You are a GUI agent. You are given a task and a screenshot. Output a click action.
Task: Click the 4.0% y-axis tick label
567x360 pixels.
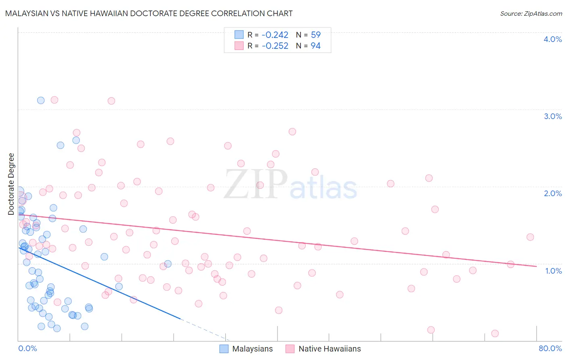pyautogui.click(x=552, y=39)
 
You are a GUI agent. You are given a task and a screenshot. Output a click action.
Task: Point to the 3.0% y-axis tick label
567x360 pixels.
pyautogui.click(x=552, y=116)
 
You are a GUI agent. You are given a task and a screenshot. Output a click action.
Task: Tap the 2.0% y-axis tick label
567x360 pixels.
pyautogui.click(x=552, y=193)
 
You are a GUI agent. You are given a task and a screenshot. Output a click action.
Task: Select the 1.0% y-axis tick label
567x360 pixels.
pyautogui.click(x=553, y=271)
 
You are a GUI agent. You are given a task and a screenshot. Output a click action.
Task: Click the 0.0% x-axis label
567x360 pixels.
pyautogui.click(x=27, y=348)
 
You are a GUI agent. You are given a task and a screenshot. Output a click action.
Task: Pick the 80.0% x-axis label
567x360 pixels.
pyautogui.click(x=550, y=348)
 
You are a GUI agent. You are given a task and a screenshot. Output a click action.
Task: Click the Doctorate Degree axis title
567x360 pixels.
pyautogui.click(x=11, y=184)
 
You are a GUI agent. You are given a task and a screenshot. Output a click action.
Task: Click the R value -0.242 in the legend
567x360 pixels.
pyautogui.click(x=275, y=35)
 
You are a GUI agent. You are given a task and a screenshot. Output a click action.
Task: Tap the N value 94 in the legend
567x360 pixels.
pyautogui.click(x=315, y=46)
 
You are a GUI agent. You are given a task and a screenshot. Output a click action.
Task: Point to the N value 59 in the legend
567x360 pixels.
pyautogui.click(x=315, y=35)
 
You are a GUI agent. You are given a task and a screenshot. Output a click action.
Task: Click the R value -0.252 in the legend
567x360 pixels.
pyautogui.click(x=275, y=46)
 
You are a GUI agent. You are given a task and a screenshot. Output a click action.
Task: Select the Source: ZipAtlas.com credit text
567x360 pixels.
pyautogui.click(x=531, y=14)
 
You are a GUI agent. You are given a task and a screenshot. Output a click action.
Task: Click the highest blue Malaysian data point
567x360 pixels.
pyautogui.click(x=41, y=100)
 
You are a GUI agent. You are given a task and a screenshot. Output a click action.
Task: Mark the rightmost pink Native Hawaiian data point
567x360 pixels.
pyautogui.click(x=530, y=237)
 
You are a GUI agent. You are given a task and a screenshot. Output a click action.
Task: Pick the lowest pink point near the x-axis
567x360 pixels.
pyautogui.click(x=495, y=333)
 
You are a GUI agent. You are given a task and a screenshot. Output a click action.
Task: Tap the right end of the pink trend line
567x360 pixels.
pyautogui.click(x=536, y=266)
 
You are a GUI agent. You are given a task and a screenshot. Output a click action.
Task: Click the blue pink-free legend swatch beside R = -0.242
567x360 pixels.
pyautogui.click(x=239, y=35)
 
